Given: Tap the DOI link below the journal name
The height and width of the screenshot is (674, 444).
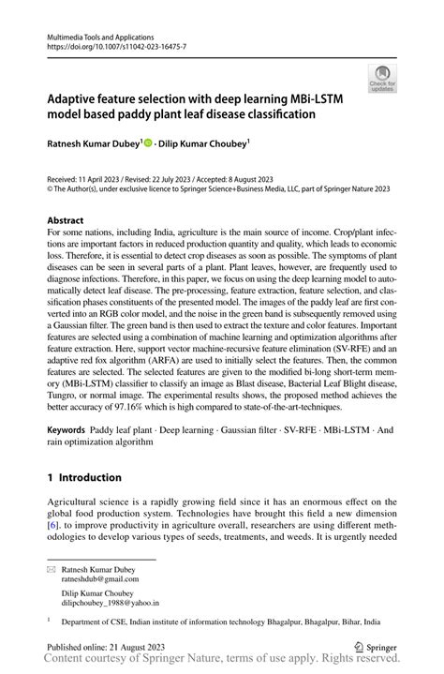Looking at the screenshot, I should pyautogui.click(x=116, y=45).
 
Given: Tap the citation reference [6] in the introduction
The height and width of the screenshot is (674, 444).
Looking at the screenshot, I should pyautogui.click(x=53, y=523).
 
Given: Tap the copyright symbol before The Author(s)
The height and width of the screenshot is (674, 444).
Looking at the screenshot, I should pyautogui.click(x=51, y=188).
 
